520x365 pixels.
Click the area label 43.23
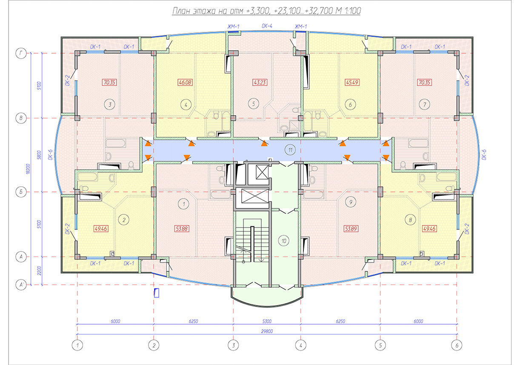click(x=260, y=83)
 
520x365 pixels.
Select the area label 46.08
click(x=185, y=83)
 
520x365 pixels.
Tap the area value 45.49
click(x=352, y=83)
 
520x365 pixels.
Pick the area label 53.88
click(x=182, y=229)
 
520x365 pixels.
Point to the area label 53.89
click(x=351, y=229)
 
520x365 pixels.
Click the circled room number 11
click(x=290, y=150)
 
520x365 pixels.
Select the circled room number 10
click(x=284, y=241)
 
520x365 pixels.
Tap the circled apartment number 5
click(x=254, y=104)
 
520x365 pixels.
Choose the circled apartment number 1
click(x=184, y=204)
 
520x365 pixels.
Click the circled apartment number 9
click(x=351, y=202)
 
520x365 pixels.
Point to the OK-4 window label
click(x=267, y=26)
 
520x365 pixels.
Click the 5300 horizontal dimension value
click(x=267, y=321)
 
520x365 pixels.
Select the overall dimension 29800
click(x=267, y=331)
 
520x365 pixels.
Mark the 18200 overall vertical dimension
click(x=28, y=169)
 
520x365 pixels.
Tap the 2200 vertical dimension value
click(x=39, y=271)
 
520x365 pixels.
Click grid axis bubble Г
click(x=21, y=53)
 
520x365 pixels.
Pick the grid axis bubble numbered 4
click(x=300, y=345)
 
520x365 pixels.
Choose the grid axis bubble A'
click(x=21, y=285)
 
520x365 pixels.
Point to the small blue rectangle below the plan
click(x=157, y=293)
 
